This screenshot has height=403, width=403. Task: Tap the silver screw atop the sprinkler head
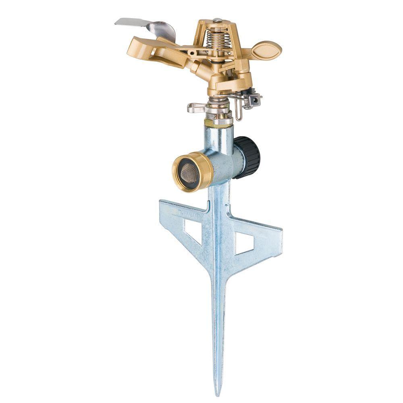click(218, 20)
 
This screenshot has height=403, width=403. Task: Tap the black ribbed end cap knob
click(249, 157)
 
